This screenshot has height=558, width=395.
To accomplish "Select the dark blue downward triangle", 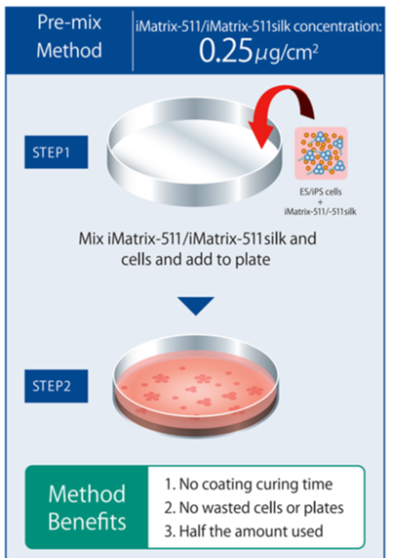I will click(x=197, y=305).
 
